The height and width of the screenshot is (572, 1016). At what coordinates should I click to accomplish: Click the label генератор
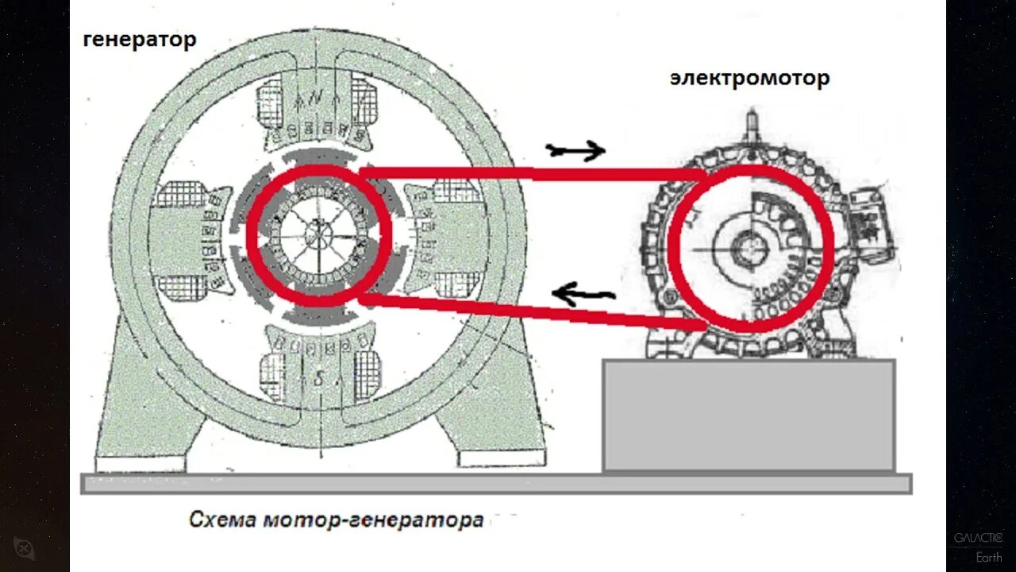click(140, 40)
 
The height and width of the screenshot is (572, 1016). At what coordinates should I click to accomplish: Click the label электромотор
click(749, 79)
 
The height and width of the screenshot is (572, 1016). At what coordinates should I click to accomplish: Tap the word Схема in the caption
click(223, 520)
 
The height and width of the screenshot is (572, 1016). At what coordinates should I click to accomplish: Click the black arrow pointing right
click(575, 149)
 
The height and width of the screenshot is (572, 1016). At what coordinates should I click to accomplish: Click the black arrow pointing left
click(583, 295)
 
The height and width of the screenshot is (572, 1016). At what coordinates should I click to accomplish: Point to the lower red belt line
click(532, 311)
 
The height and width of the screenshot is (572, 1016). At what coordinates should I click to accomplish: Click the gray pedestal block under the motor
click(749, 415)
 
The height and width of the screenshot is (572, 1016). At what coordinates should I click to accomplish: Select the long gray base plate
click(496, 483)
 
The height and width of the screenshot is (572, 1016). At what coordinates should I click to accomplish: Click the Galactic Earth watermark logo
click(978, 547)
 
